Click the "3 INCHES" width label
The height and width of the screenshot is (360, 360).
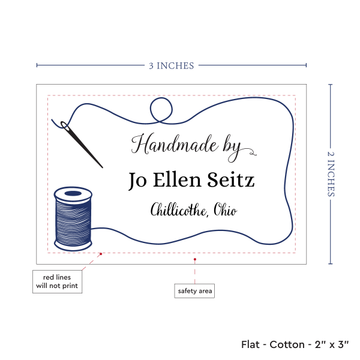[x=171, y=66]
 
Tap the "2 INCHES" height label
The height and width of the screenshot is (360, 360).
[x=331, y=174]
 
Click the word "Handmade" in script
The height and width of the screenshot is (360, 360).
[x=175, y=144]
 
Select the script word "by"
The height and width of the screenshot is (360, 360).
[x=232, y=148]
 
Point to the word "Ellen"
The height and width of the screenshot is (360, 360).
[x=177, y=179]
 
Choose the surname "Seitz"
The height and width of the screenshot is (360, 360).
[x=231, y=179]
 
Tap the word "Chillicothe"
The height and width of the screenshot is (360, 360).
[x=179, y=209]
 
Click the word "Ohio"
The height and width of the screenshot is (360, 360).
[x=225, y=209]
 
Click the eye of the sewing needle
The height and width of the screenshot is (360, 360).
[x=64, y=125]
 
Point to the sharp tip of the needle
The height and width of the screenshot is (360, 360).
[x=103, y=167]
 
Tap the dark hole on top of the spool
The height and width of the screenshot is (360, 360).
[x=73, y=193]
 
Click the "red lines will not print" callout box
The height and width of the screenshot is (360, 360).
[x=57, y=281]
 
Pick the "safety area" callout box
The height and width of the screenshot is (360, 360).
[x=194, y=291]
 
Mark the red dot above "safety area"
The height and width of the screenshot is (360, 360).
[x=194, y=259]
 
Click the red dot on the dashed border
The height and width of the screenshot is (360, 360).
[x=101, y=254]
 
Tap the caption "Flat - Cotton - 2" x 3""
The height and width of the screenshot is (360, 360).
[x=295, y=344]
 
